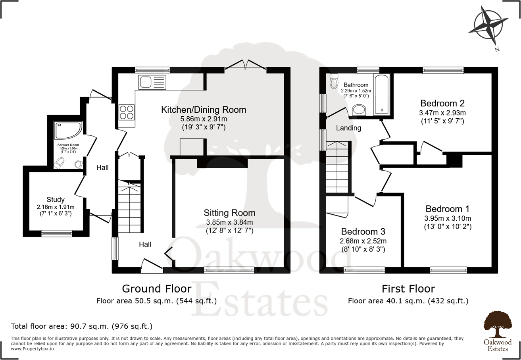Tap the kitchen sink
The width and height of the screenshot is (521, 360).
(x=152, y=82)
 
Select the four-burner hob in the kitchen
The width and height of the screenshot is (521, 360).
(x=127, y=112)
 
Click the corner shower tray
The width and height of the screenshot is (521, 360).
(x=68, y=130)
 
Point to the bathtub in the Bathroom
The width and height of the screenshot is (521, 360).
(x=382, y=94)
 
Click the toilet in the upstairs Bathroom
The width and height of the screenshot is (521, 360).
(x=334, y=81)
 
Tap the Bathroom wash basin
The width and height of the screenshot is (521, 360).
(x=359, y=110)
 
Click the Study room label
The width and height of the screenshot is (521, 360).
(x=56, y=199)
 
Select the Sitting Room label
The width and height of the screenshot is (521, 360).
(x=230, y=213)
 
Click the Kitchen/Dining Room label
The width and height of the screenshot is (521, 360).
(x=204, y=110)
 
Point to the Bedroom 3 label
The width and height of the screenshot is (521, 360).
(x=363, y=231)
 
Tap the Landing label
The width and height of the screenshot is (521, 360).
(x=348, y=128)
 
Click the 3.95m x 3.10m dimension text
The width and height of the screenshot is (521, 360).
(x=448, y=218)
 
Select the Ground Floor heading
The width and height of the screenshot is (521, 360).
(x=156, y=289)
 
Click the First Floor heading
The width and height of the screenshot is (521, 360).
(x=408, y=289)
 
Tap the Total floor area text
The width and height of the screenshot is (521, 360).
(x=82, y=326)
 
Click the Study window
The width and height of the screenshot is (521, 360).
(x=57, y=233)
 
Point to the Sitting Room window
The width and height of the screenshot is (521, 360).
(x=229, y=270)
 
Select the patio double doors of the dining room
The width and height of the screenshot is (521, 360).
(x=245, y=65)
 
